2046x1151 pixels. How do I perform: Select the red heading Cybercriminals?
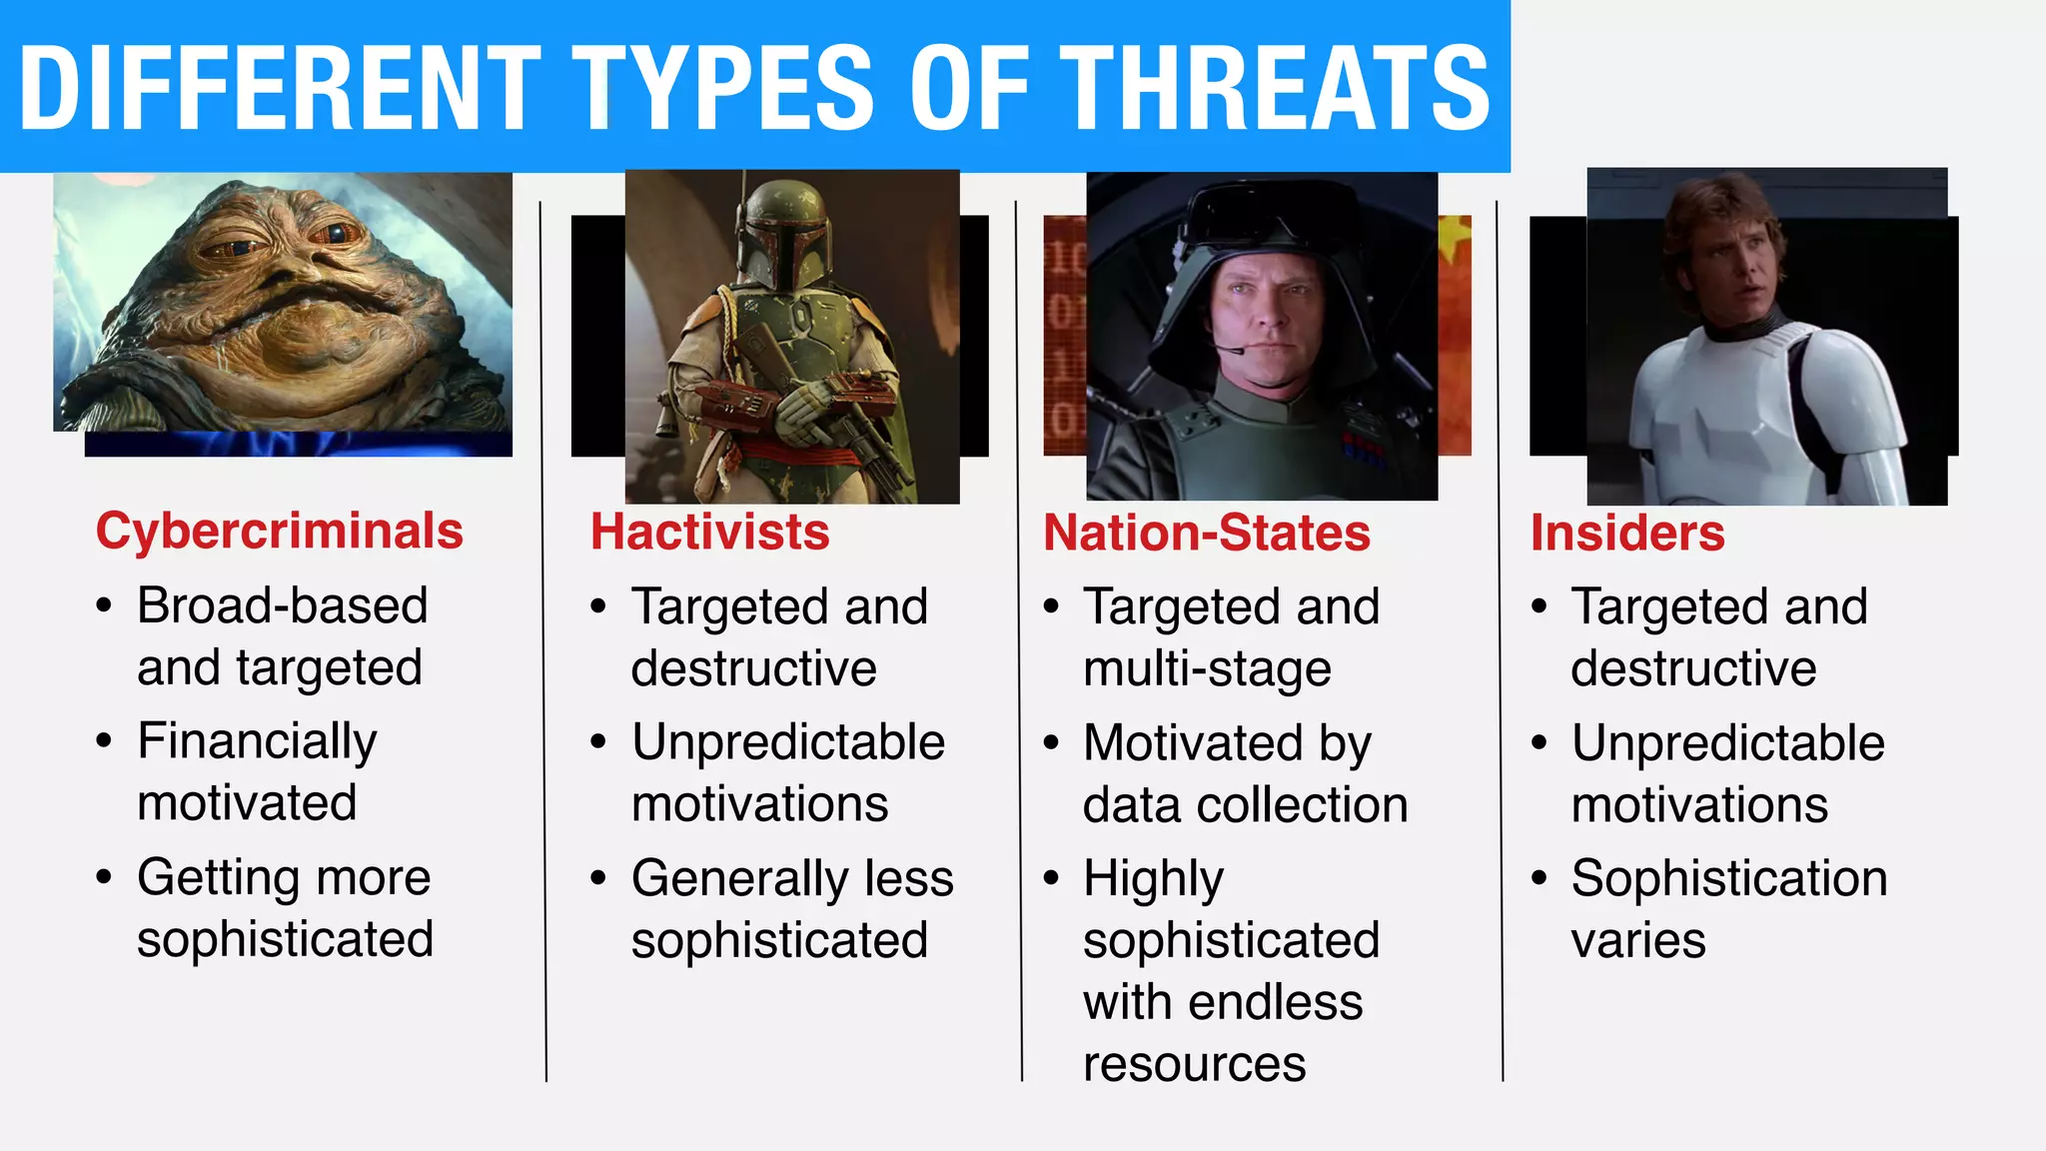(x=279, y=531)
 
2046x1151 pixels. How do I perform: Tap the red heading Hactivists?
(x=709, y=532)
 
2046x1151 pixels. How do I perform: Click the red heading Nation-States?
(x=1206, y=533)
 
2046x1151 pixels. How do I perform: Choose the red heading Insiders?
(x=1626, y=533)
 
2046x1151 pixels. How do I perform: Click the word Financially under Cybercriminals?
(x=257, y=741)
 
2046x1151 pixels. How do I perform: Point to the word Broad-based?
(x=282, y=605)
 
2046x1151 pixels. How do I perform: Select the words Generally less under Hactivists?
(x=791, y=878)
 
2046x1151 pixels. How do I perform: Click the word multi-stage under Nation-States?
(x=1206, y=668)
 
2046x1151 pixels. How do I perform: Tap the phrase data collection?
(x=1245, y=805)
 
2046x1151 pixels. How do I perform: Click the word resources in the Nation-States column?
(x=1194, y=1063)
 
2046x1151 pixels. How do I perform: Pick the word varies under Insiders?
(x=1637, y=940)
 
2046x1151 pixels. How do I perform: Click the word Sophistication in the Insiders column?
(x=1728, y=878)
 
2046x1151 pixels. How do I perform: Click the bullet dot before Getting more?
(x=104, y=877)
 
